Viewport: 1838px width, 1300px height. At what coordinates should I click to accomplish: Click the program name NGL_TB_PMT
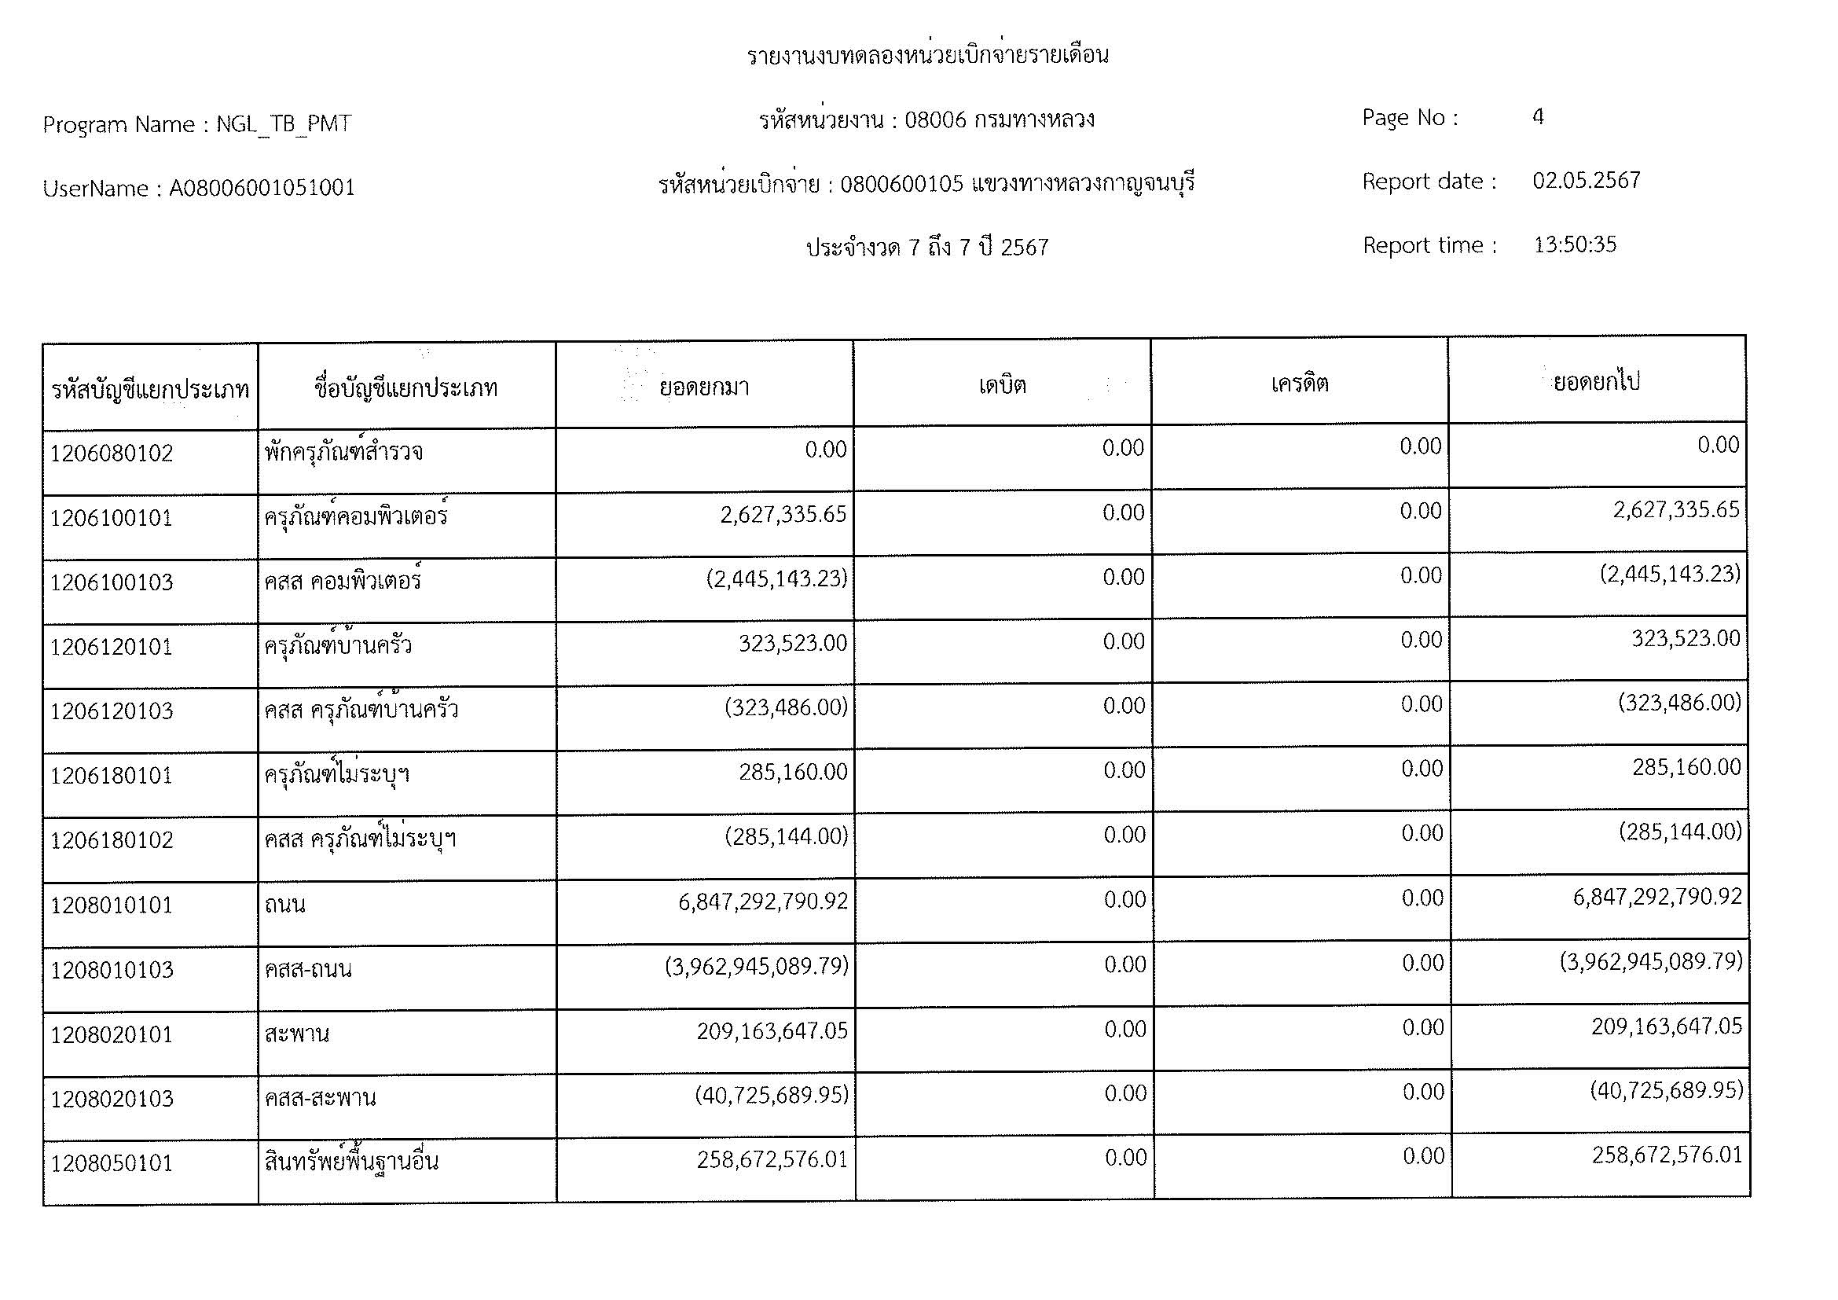point(284,124)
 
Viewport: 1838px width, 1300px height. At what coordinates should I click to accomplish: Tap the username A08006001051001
point(262,188)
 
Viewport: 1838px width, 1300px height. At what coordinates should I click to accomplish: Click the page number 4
point(1538,118)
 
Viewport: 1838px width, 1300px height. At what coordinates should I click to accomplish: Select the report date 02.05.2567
point(1586,181)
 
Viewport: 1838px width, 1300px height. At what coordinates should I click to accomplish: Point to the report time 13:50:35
point(1575,245)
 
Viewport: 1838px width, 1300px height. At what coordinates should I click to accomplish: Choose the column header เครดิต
point(1299,384)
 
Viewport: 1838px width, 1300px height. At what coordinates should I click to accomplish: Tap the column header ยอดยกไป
point(1596,382)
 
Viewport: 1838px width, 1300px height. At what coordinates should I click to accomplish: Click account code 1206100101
point(112,519)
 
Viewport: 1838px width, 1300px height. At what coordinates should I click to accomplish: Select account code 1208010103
point(112,970)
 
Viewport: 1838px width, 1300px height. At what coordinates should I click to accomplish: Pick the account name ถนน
point(285,905)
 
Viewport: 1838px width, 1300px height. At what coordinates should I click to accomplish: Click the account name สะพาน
point(296,1034)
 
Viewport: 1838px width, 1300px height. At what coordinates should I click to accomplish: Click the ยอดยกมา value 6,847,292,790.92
point(762,902)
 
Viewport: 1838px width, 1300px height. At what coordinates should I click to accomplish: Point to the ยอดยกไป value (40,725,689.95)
point(1666,1091)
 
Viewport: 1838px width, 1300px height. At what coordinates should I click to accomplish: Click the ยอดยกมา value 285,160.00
point(793,773)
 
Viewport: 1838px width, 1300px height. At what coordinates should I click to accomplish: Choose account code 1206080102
point(112,454)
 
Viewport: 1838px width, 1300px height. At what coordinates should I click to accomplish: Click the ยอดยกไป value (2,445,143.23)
point(1670,575)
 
